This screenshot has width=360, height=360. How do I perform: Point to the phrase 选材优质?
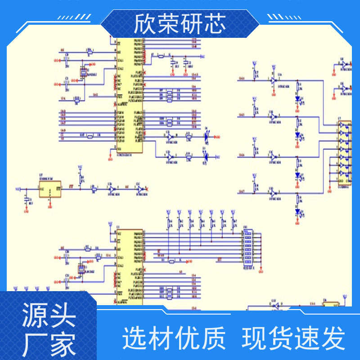coord(174,338)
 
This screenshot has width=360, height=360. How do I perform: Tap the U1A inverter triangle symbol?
coord(273,80)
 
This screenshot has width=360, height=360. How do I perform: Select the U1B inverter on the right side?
coord(273,117)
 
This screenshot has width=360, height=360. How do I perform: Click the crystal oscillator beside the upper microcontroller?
coord(83,71)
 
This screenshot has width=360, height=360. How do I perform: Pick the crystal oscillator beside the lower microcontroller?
coord(81,270)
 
